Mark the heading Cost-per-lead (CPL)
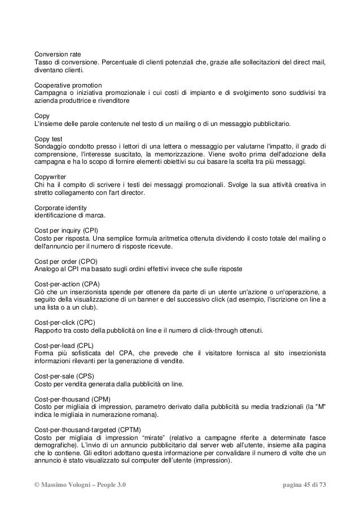pos(64,345)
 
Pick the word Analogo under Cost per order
pos(47,270)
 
